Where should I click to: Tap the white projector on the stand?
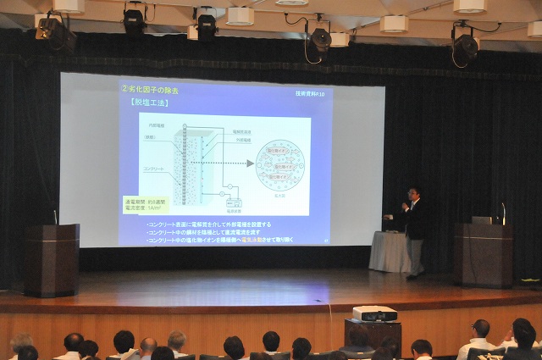374,313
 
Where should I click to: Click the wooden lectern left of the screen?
52,259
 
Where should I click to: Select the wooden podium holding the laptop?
483,254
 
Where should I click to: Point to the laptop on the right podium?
481,220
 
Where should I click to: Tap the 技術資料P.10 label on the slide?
313,92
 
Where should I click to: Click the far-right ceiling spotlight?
464,44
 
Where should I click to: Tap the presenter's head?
413,194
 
